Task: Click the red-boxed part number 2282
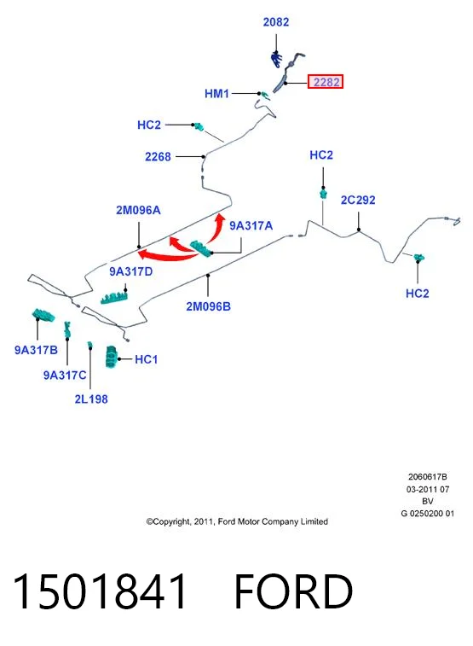326,82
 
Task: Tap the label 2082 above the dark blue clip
276,22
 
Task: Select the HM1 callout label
216,94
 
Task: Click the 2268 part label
158,157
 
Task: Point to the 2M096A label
138,210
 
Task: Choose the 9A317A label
251,226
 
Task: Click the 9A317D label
130,271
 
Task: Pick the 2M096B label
209,306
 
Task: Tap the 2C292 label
358,201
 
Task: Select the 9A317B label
36,350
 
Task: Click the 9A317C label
65,375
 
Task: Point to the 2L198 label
91,399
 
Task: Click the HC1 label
147,359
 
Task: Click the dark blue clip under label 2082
276,60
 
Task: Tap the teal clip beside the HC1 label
111,357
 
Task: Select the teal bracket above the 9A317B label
43,315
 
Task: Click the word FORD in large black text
293,591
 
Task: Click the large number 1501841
100,591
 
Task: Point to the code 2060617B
427,477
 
